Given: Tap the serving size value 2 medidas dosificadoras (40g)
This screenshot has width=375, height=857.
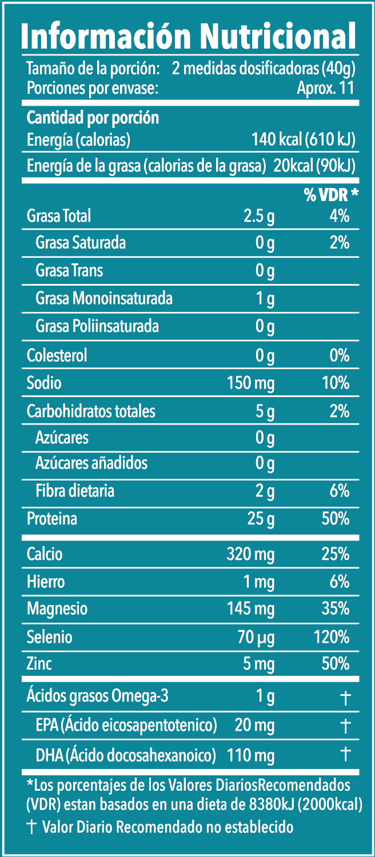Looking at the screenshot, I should click(264, 70).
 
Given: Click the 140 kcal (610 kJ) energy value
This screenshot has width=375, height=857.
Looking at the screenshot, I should click(304, 139).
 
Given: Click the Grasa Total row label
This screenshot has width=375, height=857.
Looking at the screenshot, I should click(59, 216).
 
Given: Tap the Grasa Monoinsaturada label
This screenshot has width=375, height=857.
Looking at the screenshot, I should click(103, 298).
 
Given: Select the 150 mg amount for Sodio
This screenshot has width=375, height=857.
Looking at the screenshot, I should click(251, 383).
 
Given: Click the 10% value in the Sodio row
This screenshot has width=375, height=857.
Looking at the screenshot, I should click(336, 383).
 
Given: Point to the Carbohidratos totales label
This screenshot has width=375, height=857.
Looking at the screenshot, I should click(91, 411).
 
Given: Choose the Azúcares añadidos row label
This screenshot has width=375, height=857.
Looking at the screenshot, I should click(91, 462).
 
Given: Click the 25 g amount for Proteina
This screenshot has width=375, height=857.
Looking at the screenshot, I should click(261, 519).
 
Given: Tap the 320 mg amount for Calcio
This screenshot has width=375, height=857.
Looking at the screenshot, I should click(251, 554).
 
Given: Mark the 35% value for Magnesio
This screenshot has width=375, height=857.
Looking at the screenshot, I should click(336, 608).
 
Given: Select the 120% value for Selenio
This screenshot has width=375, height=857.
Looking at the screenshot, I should click(332, 636).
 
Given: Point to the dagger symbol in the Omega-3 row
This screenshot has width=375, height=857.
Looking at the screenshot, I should click(345, 697).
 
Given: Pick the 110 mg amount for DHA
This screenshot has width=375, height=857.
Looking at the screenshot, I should click(251, 755).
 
